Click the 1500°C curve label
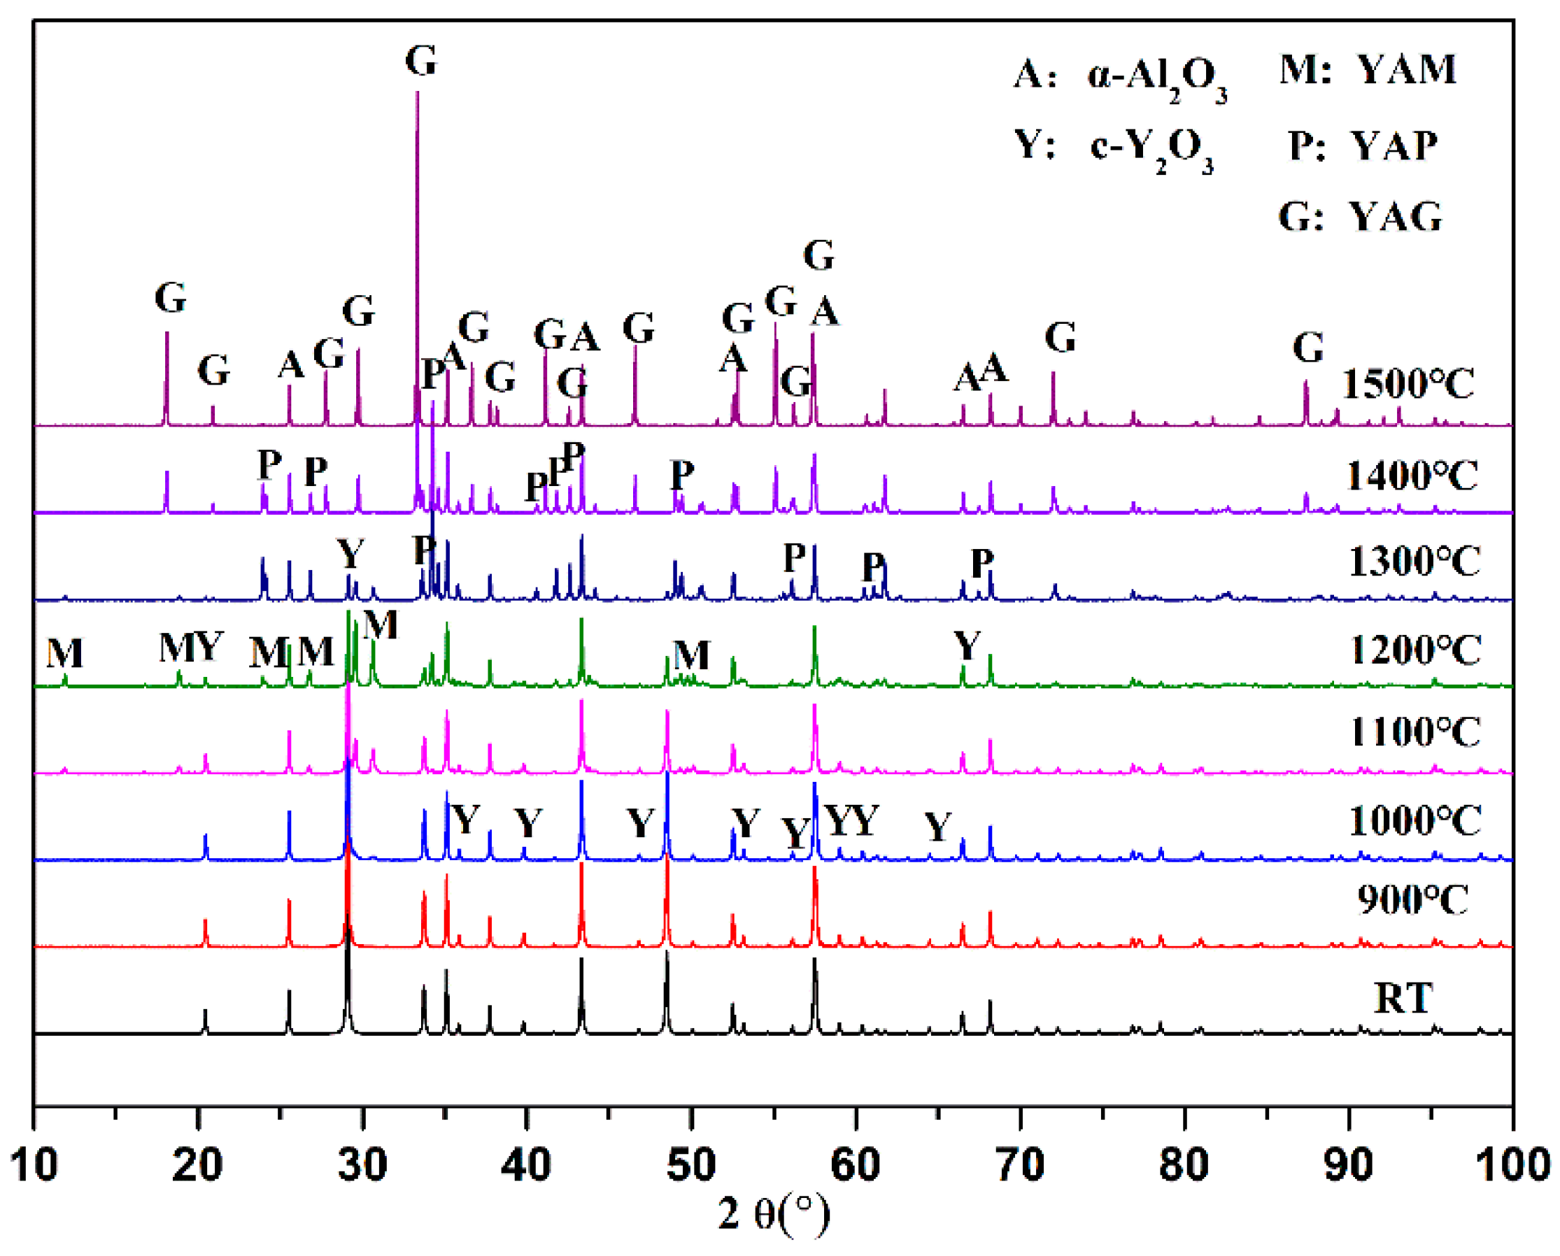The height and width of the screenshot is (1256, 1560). (1407, 384)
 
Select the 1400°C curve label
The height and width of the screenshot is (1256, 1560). (1411, 476)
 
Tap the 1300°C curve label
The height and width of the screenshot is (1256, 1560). (1414, 562)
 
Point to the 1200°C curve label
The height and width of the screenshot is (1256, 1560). (1414, 650)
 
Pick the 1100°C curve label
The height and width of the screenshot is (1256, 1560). (1414, 732)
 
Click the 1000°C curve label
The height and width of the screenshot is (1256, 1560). (1414, 820)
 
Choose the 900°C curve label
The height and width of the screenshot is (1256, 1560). (1412, 900)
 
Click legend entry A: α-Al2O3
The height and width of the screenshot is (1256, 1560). (1119, 78)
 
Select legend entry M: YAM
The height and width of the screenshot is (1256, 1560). (1368, 70)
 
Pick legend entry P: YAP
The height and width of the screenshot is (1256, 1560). (1363, 146)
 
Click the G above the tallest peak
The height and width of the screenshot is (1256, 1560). (421, 61)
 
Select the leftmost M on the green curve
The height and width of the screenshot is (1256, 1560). (65, 653)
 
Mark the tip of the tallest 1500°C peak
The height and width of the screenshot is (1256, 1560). (418, 92)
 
